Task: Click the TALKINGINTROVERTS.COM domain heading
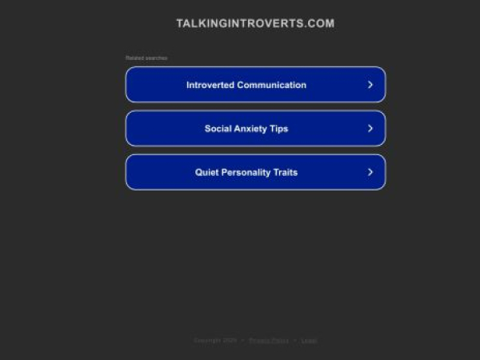pyautogui.click(x=255, y=23)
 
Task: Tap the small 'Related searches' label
pyautogui.click(x=146, y=58)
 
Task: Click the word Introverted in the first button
pyautogui.click(x=210, y=85)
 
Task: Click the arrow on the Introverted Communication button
pyautogui.click(x=370, y=84)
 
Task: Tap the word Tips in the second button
pyautogui.click(x=279, y=129)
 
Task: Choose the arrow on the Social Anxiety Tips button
pyautogui.click(x=370, y=128)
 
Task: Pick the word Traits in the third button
pyautogui.click(x=285, y=173)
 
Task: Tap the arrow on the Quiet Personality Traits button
pyautogui.click(x=370, y=172)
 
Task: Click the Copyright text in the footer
pyautogui.click(x=215, y=340)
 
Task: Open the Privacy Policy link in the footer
pyautogui.click(x=269, y=340)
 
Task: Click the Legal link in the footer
pyautogui.click(x=309, y=340)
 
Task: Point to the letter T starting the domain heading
pyautogui.click(x=180, y=23)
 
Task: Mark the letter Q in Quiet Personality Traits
pyautogui.click(x=199, y=173)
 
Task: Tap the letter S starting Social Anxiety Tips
pyautogui.click(x=208, y=129)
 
